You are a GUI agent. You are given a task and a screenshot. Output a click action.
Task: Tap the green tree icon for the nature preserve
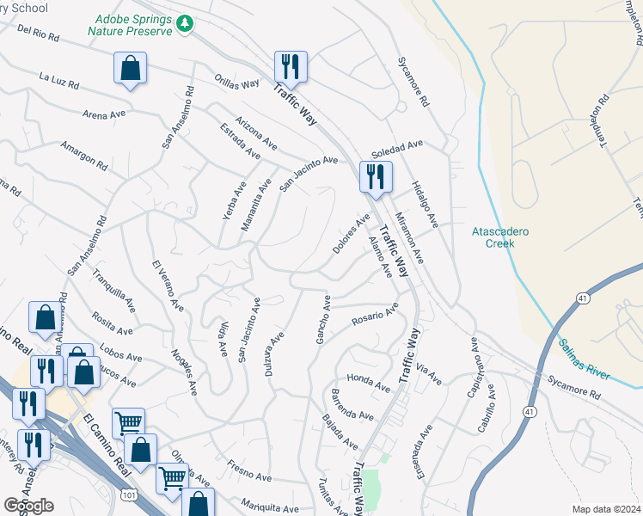point(182,25)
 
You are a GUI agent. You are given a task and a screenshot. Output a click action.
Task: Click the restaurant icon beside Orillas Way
point(291,68)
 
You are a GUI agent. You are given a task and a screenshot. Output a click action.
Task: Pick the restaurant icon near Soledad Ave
point(376,177)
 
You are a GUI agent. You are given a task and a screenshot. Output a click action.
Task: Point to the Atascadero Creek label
point(500,237)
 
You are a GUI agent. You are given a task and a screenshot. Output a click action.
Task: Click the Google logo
point(28,505)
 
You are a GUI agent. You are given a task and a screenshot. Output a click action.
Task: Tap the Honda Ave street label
point(369,378)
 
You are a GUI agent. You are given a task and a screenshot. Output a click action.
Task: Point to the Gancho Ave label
point(323,320)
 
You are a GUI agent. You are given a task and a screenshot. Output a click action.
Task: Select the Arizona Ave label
point(256,131)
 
